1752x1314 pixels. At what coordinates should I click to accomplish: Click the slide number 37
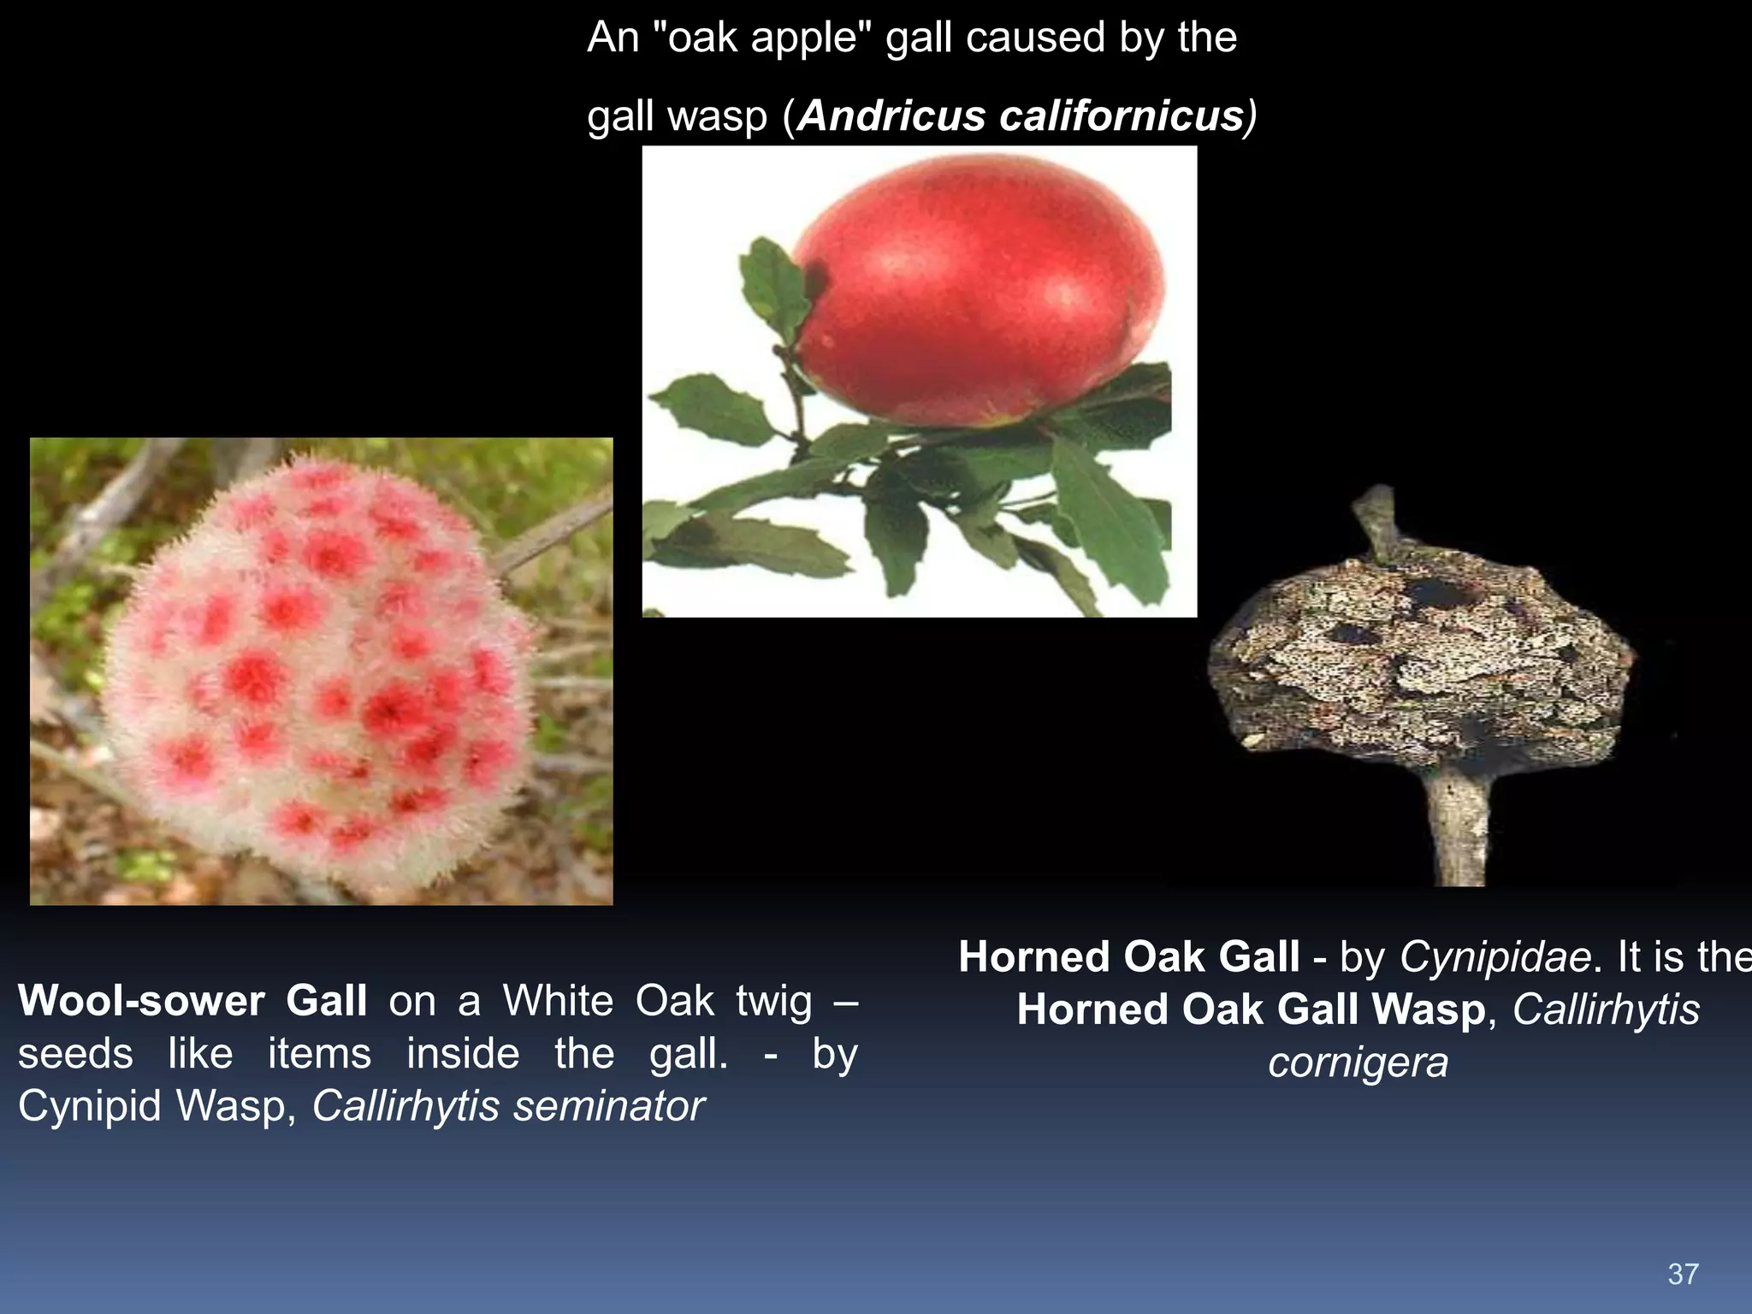click(x=1683, y=1274)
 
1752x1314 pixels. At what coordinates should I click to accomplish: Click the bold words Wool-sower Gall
click(x=192, y=1001)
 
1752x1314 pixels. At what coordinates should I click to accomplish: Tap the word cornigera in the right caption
click(x=1358, y=1063)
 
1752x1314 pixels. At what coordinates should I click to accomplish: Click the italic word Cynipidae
click(x=1495, y=957)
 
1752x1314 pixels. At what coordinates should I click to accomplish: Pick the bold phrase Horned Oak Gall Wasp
click(x=1252, y=1010)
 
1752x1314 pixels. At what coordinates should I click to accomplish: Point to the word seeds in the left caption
click(x=75, y=1054)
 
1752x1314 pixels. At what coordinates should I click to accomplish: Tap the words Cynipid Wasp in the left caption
click(x=157, y=1106)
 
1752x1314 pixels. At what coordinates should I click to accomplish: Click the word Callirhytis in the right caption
click(x=1606, y=1010)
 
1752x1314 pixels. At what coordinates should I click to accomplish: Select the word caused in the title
click(x=1027, y=38)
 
